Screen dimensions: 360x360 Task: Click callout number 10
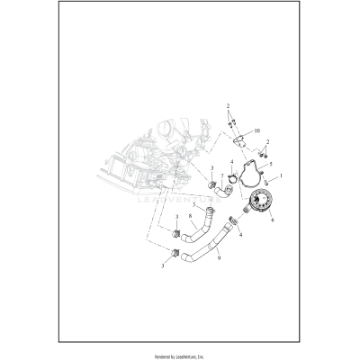click(x=257, y=130)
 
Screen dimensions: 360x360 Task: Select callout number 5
click(x=269, y=165)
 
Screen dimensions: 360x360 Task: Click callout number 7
click(x=221, y=176)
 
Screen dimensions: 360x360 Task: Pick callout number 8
click(x=191, y=216)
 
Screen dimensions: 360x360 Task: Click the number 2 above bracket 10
click(x=229, y=105)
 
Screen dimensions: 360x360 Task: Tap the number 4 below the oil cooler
click(x=240, y=234)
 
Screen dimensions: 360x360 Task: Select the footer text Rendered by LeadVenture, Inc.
click(x=180, y=353)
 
